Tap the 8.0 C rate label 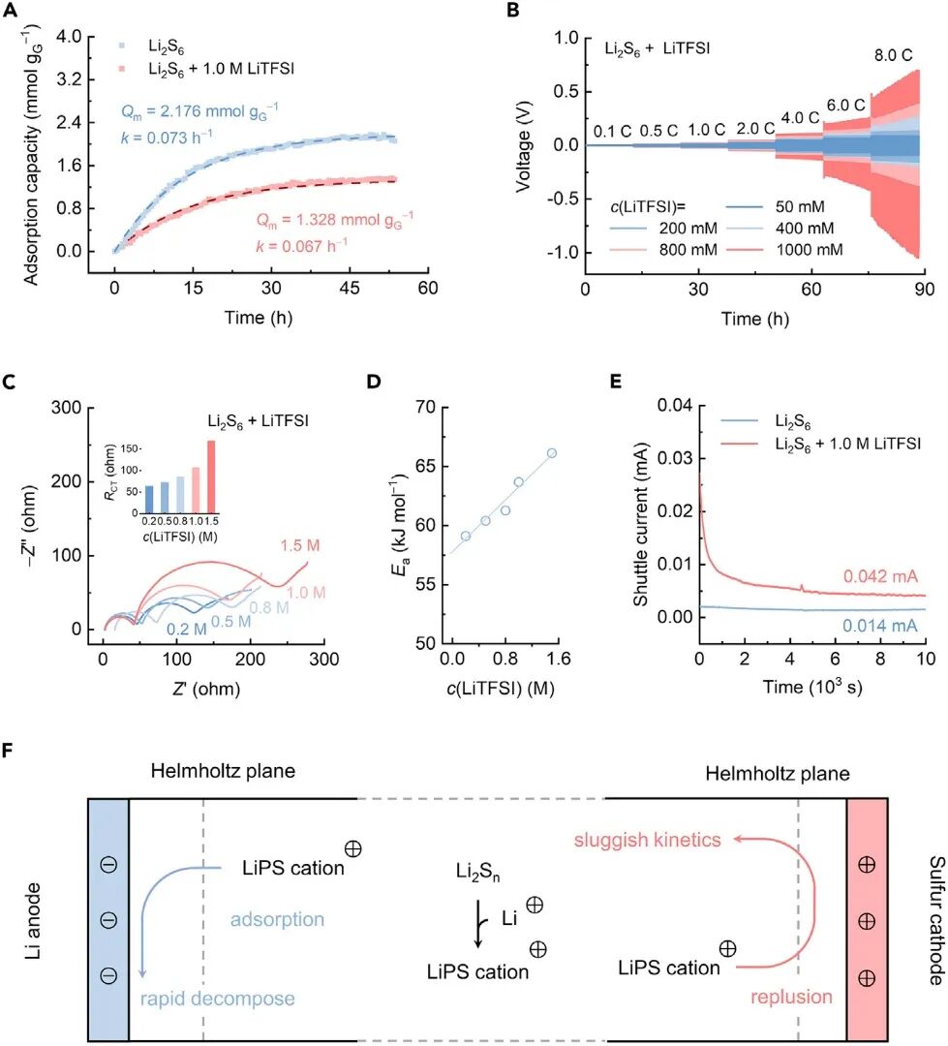[893, 55]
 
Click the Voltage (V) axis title [524, 144]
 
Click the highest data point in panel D [551, 453]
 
